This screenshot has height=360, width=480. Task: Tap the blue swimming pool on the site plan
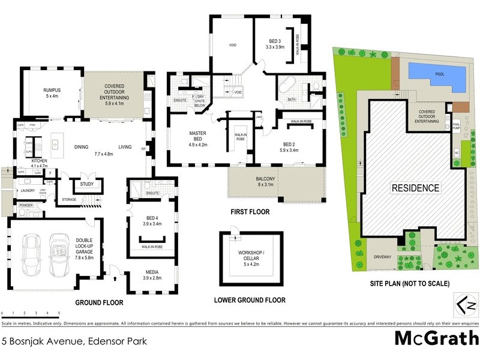coord(437,76)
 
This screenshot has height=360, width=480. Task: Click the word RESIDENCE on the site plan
coord(415,188)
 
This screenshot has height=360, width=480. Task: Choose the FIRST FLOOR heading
coord(250,212)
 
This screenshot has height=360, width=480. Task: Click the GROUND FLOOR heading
coord(99,303)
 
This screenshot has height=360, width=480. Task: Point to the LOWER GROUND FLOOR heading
coord(250,300)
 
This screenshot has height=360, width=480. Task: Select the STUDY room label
coord(86,184)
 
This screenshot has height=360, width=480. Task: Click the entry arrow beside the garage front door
coord(116,278)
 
